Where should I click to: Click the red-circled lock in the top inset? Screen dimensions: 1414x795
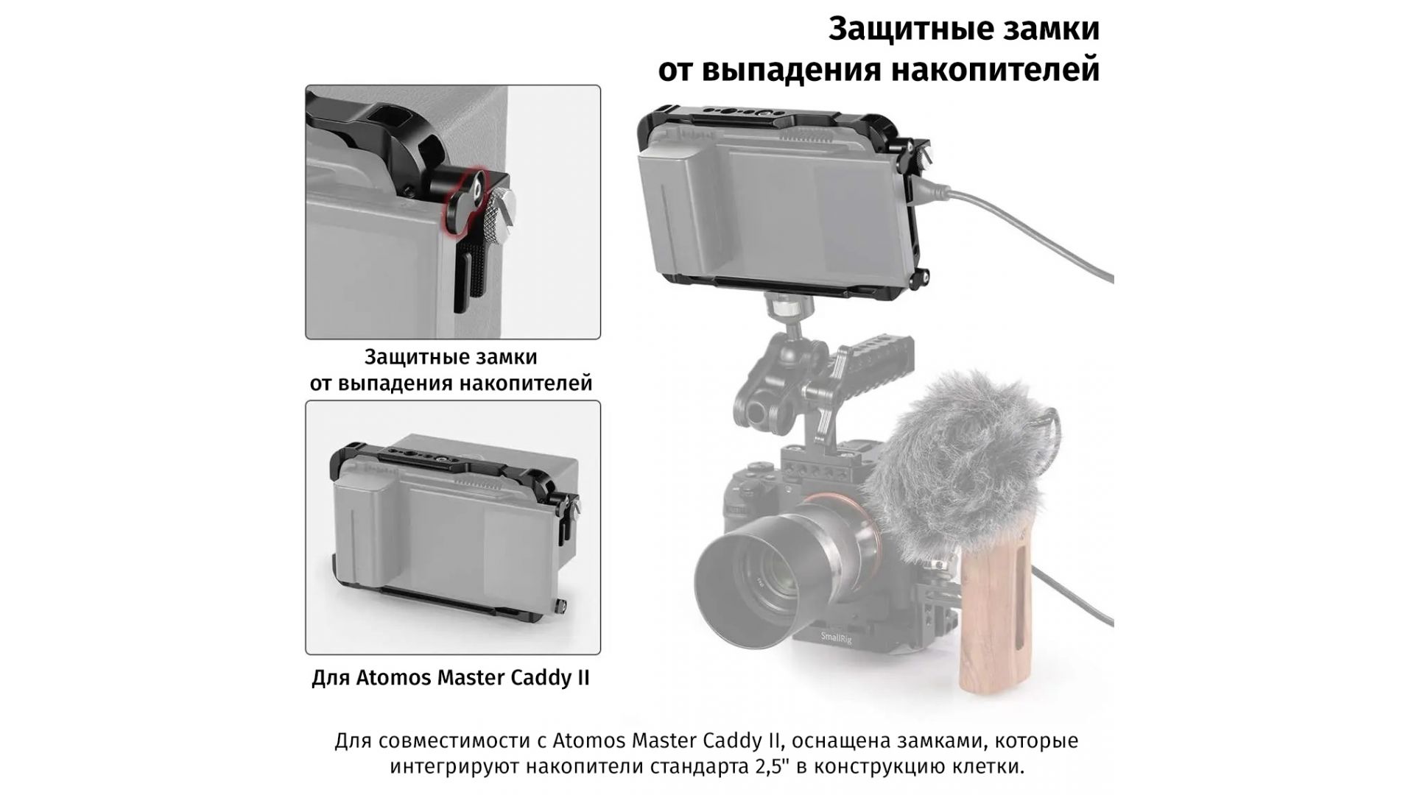pos(464,199)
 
